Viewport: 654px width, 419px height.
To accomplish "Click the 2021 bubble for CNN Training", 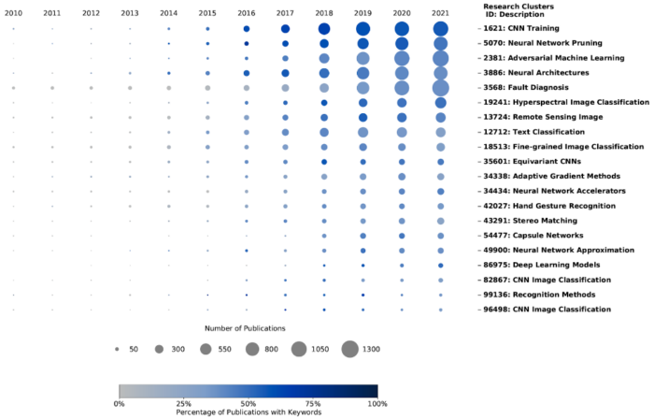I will pyautogui.click(x=441, y=29).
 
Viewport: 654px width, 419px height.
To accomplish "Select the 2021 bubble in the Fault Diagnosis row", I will pyautogui.click(x=441, y=88).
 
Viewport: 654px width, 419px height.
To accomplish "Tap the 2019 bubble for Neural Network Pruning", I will pyautogui.click(x=363, y=44).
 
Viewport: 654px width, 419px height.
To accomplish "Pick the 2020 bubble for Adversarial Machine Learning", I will pyautogui.click(x=402, y=58).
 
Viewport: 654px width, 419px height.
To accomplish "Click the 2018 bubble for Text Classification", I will pyautogui.click(x=324, y=132).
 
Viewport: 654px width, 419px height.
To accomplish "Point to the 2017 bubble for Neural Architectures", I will pyautogui.click(x=285, y=73).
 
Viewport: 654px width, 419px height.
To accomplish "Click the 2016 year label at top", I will pyautogui.click(x=246, y=13).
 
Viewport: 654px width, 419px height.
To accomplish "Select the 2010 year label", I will pyautogui.click(x=13, y=13).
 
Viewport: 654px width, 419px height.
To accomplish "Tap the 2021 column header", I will pyautogui.click(x=441, y=13).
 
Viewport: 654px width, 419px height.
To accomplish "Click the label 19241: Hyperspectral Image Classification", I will pyautogui.click(x=558, y=102).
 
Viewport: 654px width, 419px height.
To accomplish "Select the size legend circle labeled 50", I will pyautogui.click(x=117, y=349).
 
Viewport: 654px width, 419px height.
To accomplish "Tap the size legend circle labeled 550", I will pyautogui.click(x=205, y=349).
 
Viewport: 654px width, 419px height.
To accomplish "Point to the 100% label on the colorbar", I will pyautogui.click(x=377, y=403).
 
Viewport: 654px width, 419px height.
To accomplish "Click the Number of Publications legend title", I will pyautogui.click(x=246, y=328).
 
